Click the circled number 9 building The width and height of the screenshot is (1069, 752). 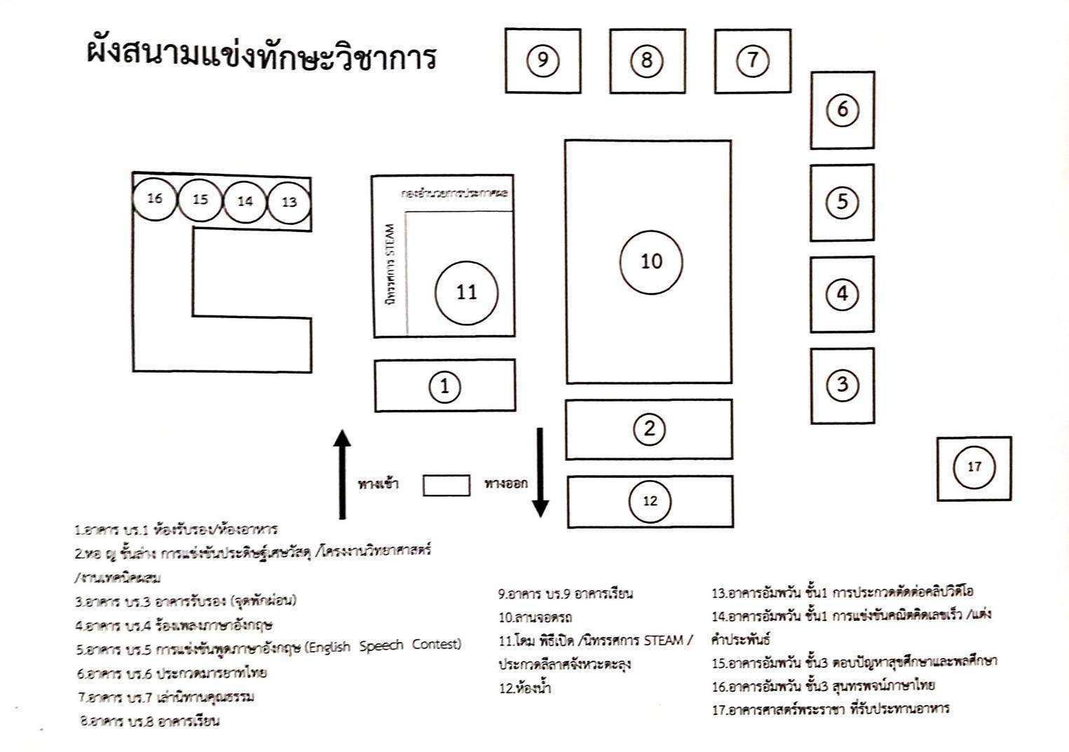pos(543,61)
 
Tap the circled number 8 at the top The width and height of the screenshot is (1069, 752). pos(646,61)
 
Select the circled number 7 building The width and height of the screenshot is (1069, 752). pos(752,60)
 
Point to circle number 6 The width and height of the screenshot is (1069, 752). pos(842,109)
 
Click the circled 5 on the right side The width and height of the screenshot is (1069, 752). pos(842,202)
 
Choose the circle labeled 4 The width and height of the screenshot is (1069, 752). pos(842,294)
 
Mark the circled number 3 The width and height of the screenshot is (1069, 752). pos(842,384)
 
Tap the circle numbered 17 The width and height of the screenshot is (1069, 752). pos(974,467)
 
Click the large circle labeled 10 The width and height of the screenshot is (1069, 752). pos(651,261)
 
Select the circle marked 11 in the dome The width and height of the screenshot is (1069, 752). pos(467,292)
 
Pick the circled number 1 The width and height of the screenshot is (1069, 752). pos(444,386)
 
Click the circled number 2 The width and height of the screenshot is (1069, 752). pos(649,428)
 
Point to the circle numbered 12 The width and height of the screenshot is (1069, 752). pos(650,501)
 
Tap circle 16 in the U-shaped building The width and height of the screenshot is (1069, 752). pos(155,198)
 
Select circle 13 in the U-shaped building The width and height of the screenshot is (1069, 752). pos(289,203)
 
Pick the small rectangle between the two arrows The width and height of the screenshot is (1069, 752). pos(446,486)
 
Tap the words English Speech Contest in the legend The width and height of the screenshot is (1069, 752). pos(384,645)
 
